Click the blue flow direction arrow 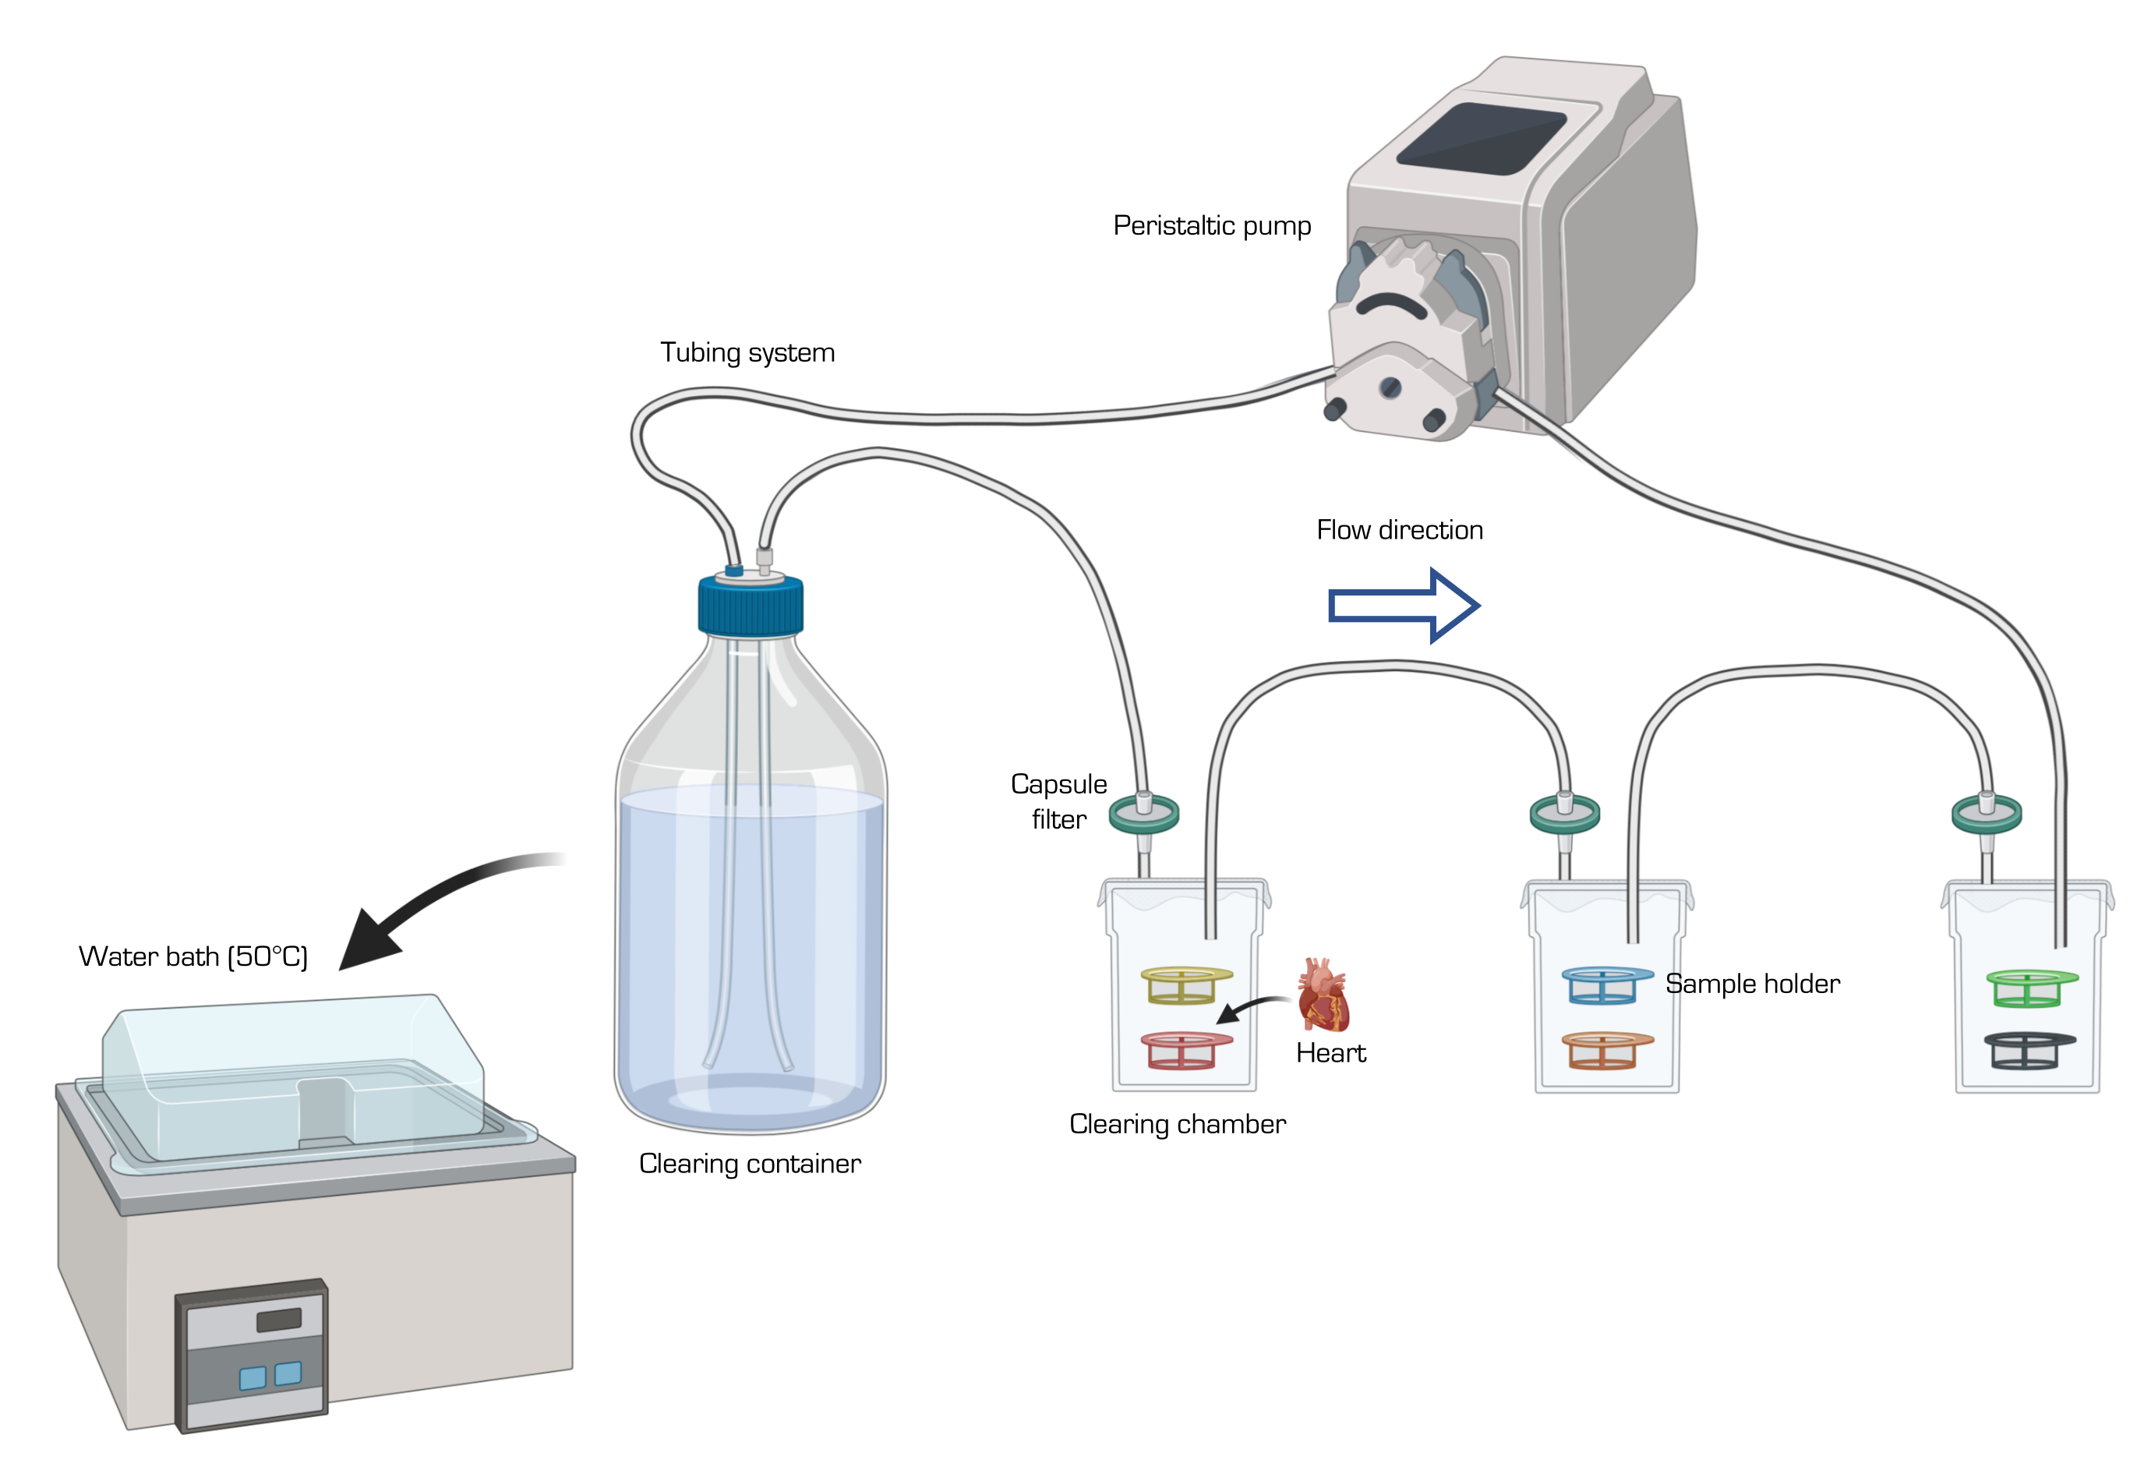point(1403,605)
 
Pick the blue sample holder point(1607,984)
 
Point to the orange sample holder point(1607,1050)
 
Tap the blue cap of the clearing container point(750,604)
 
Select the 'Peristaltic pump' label point(1212,226)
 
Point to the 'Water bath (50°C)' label point(193,956)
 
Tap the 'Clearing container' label point(750,1164)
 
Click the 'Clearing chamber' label point(1178,1124)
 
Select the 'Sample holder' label point(1752,984)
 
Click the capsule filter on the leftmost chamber point(1143,815)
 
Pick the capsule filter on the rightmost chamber point(1987,815)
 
